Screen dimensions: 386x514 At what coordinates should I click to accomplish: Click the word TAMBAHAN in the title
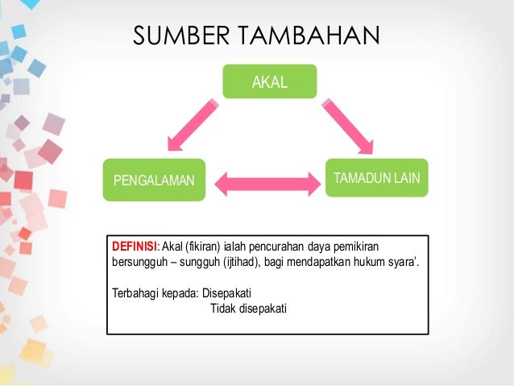coord(300,36)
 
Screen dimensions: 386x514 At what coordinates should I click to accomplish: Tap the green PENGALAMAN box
coord(153,178)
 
